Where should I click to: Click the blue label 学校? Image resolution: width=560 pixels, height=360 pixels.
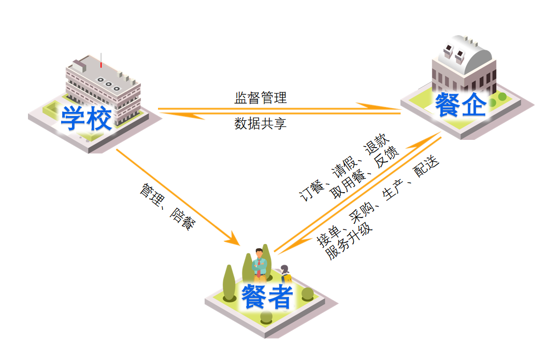pos(87,119)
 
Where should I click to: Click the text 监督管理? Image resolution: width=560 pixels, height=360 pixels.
pos(261,97)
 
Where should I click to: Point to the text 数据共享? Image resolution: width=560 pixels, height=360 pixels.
pos(261,124)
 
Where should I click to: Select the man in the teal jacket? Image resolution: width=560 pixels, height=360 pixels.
pos(261,264)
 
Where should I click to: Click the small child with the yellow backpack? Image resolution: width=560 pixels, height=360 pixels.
pos(285,274)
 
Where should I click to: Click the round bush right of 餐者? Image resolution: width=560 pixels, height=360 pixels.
pos(307,294)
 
